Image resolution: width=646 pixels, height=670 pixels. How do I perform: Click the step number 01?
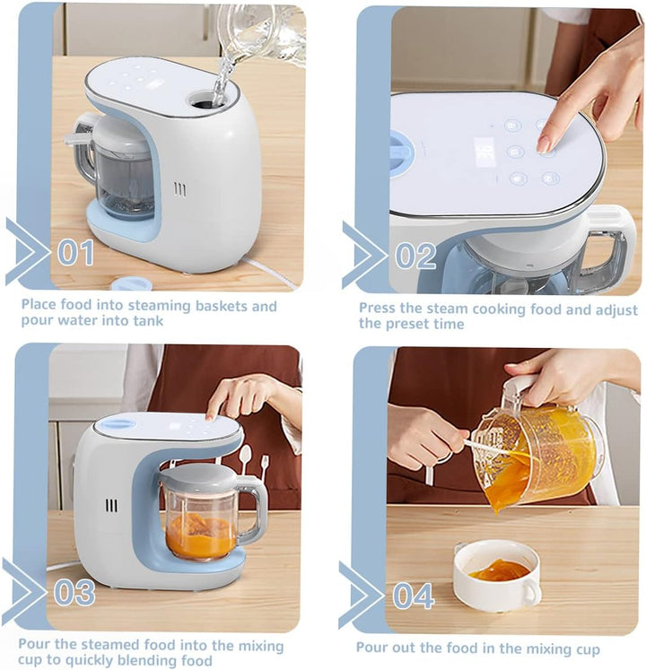pos(75,252)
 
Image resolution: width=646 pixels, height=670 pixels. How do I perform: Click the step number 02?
pos(415,256)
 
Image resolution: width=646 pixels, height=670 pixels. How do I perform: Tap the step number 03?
pos(74,592)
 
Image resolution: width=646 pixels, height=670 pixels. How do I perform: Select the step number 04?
pos(413,596)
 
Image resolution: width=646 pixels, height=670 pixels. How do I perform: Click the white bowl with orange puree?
pos(497,575)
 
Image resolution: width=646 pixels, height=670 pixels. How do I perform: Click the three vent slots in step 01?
pos(180,189)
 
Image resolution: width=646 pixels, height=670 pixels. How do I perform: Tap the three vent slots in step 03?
pos(111,506)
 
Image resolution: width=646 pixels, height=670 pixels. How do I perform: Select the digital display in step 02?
pos(485,153)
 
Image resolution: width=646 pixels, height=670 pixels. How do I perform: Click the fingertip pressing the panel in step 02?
pos(544,144)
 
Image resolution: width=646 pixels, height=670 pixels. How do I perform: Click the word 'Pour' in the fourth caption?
pos(373,648)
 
